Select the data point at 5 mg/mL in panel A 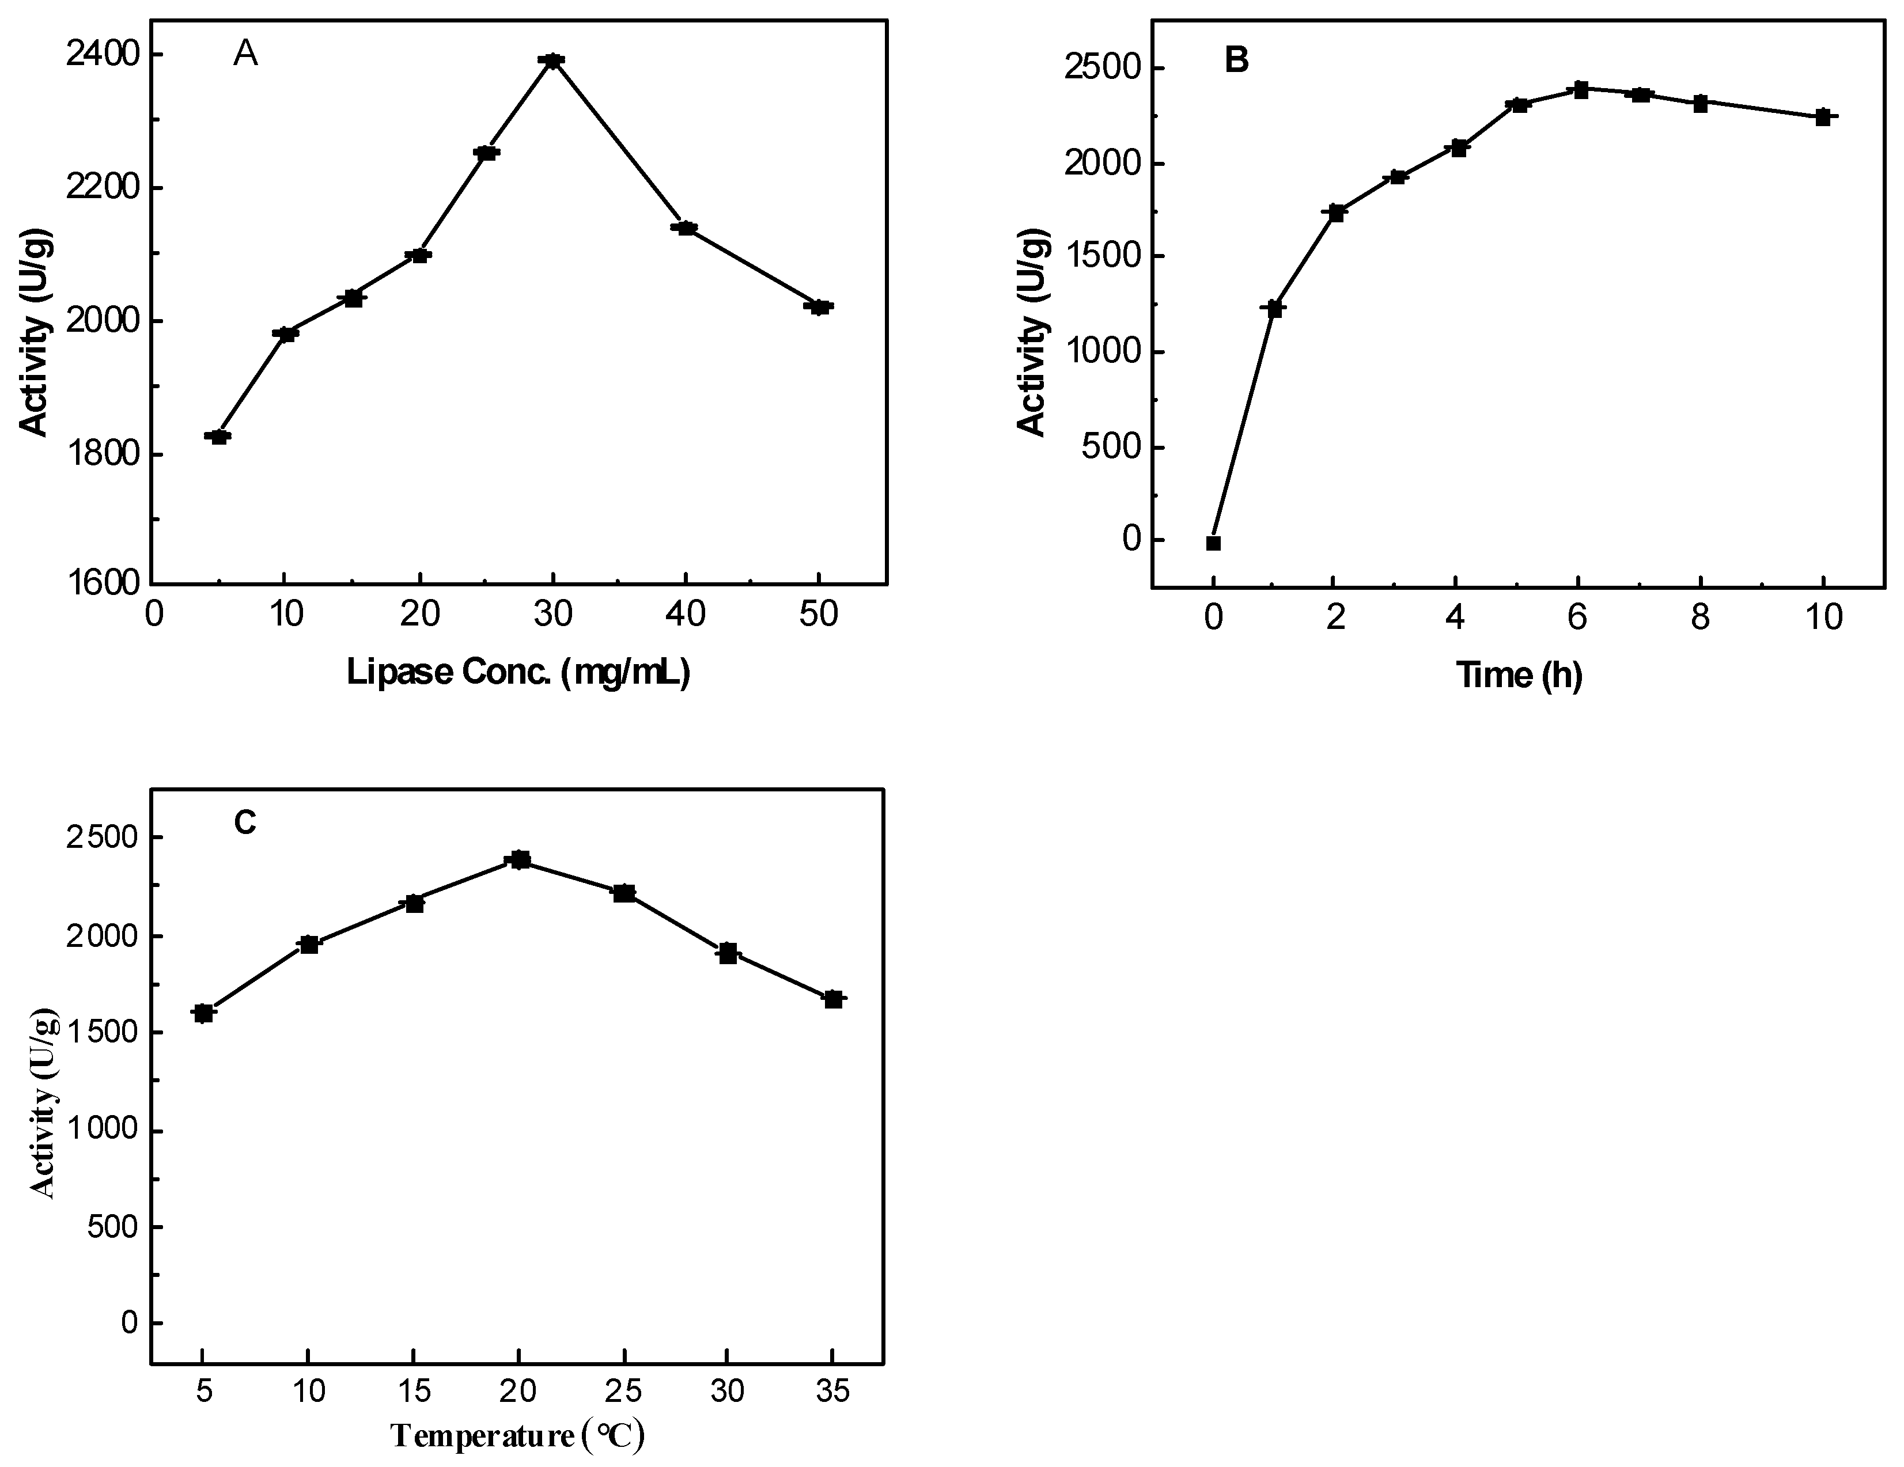click(218, 436)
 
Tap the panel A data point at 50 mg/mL click(819, 307)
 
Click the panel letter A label click(246, 55)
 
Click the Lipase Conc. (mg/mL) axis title click(518, 672)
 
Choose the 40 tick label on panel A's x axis click(685, 615)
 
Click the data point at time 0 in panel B click(1213, 543)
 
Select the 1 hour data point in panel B click(1274, 308)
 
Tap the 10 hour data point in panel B click(1822, 117)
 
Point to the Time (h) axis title click(1519, 674)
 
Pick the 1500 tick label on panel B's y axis click(1101, 256)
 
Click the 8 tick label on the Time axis click(1700, 618)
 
